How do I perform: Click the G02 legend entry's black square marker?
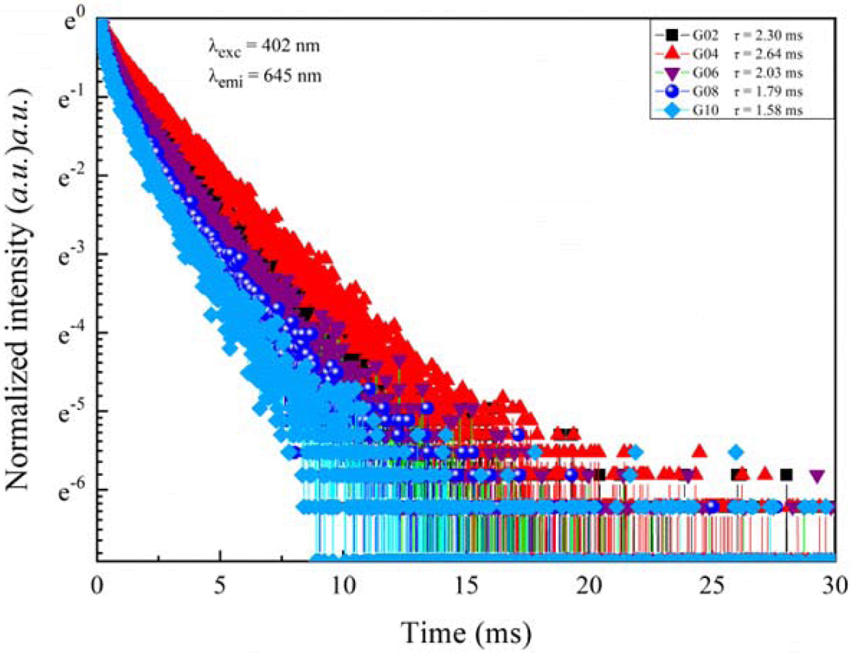[x=671, y=35]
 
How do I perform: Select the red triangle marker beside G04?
[x=671, y=53]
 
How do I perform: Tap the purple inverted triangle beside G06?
[x=671, y=73]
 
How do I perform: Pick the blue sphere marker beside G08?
[x=671, y=91]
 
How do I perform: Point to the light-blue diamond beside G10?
[x=671, y=110]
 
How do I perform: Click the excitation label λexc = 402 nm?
[x=264, y=48]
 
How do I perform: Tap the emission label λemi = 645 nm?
[x=264, y=76]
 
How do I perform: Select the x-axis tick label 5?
[x=220, y=586]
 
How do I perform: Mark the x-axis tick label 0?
[x=97, y=586]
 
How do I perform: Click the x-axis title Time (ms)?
[x=467, y=633]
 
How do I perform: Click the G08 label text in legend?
[x=705, y=92]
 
